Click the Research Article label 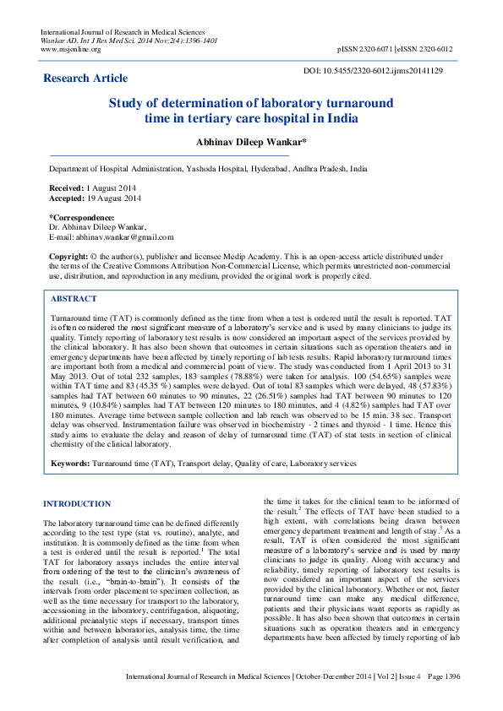point(85,79)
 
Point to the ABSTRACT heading point(74,299)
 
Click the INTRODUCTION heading point(76,504)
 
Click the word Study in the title point(127,103)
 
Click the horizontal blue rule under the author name point(169,155)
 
